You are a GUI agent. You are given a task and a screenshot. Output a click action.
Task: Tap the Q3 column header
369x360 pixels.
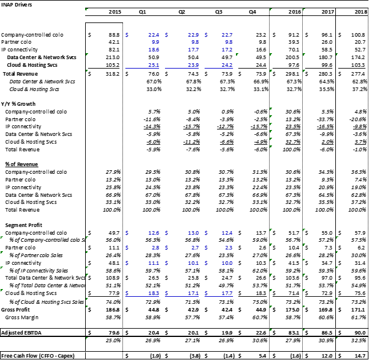pos(218,11)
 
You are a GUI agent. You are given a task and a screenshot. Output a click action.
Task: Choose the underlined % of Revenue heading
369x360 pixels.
pos(22,164)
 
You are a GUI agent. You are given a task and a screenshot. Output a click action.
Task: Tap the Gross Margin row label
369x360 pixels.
pos(27,317)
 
